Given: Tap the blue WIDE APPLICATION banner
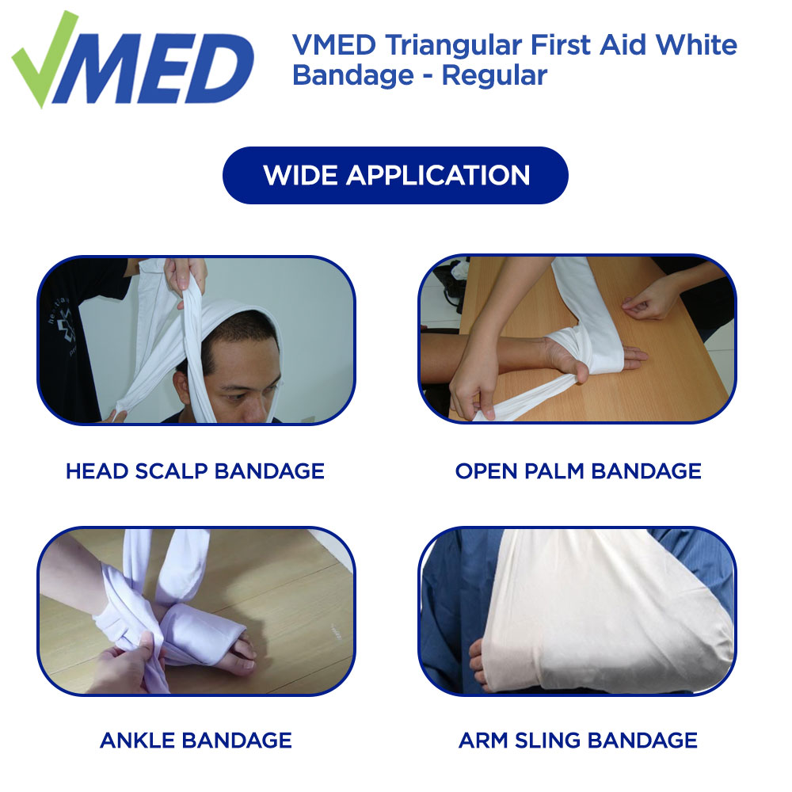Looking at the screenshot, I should [396, 175].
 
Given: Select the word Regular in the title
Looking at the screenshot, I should [494, 76].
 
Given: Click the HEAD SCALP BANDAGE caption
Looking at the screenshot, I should [195, 471].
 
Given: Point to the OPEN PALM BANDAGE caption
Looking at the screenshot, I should [578, 471].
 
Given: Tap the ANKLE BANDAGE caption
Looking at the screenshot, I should [196, 741].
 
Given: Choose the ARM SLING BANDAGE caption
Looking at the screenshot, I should [578, 741].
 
